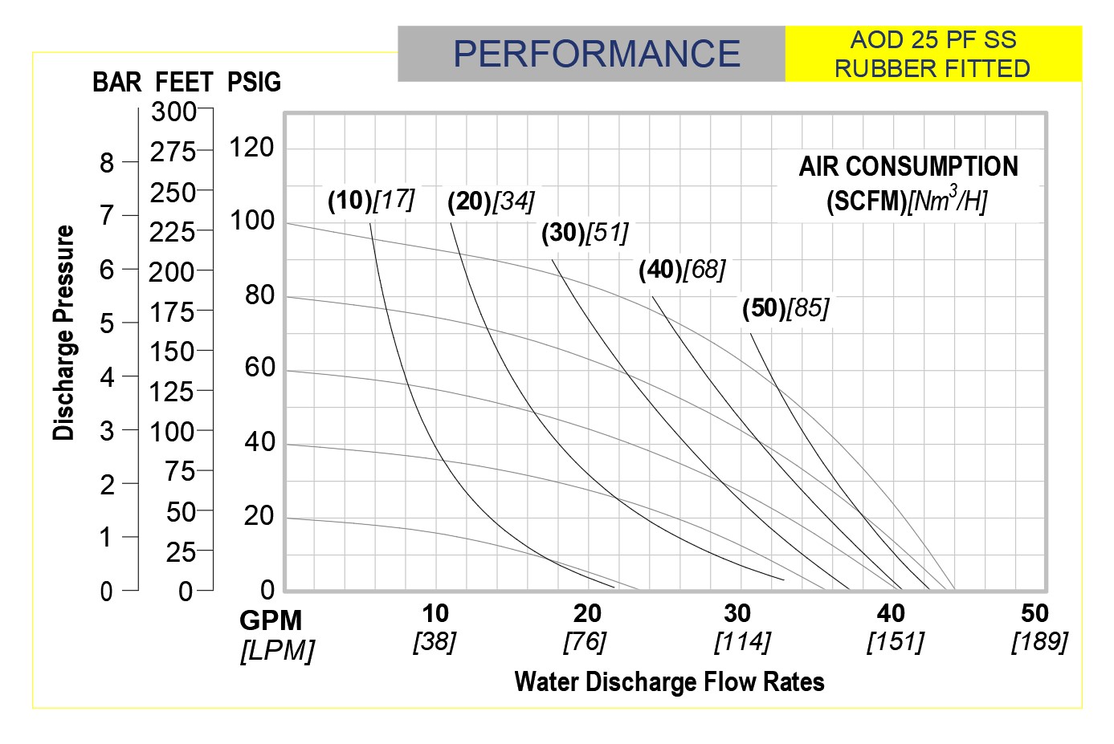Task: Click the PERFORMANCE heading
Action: [596, 54]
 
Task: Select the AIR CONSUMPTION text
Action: [908, 167]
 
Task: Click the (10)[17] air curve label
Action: [370, 200]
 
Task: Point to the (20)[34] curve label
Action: [491, 201]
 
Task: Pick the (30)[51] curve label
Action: [585, 233]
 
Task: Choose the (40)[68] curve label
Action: [682, 270]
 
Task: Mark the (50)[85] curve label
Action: [786, 308]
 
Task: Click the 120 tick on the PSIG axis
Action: [251, 148]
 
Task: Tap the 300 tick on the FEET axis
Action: [173, 112]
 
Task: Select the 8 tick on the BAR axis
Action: [107, 163]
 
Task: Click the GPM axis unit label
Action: [271, 620]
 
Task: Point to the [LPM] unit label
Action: [277, 650]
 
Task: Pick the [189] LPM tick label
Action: [1039, 641]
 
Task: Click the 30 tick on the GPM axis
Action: [737, 614]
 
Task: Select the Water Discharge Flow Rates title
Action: [669, 682]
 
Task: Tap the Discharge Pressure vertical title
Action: [63, 333]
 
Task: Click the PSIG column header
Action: [254, 82]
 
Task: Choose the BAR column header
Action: [117, 82]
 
